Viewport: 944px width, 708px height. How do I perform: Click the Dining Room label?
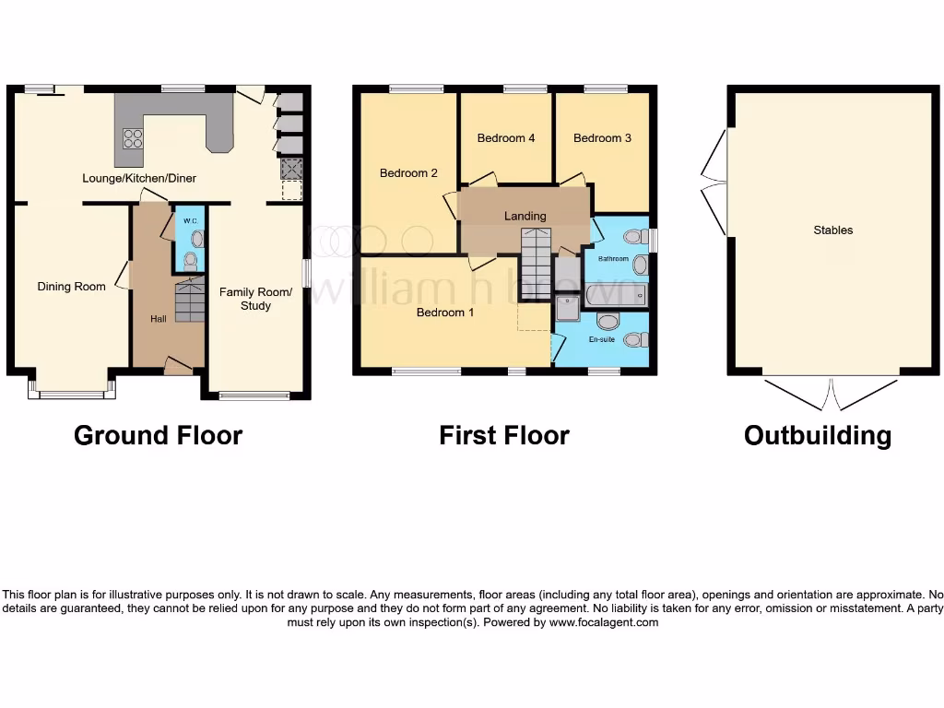tap(71, 287)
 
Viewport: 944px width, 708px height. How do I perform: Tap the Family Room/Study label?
tap(255, 299)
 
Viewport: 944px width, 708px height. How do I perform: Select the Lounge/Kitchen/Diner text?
tap(139, 178)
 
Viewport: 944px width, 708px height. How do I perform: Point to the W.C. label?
tap(190, 222)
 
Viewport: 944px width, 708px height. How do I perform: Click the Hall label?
tap(159, 319)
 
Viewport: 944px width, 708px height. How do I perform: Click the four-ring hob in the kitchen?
tap(133, 138)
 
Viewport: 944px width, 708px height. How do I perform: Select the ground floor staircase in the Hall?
tap(189, 301)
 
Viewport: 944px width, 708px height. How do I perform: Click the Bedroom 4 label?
tap(506, 138)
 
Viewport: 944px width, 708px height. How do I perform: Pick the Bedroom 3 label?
tap(602, 138)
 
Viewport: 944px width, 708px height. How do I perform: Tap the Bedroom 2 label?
tap(408, 172)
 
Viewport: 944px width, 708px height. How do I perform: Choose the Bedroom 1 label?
tap(445, 313)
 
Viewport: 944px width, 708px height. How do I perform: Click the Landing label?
tap(525, 216)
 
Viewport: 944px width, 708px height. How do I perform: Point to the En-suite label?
tap(601, 340)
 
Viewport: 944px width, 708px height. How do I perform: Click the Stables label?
tap(832, 230)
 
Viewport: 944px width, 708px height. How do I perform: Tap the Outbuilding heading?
tap(817, 435)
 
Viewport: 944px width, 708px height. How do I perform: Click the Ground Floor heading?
tap(158, 435)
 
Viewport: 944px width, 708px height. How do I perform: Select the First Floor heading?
tap(503, 435)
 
